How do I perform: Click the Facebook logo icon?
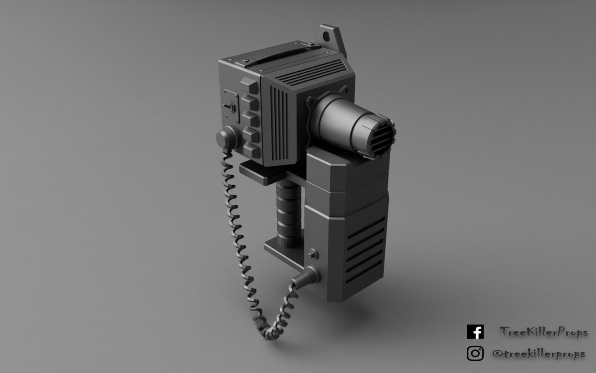tap(475, 332)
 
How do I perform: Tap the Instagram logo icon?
tap(475, 354)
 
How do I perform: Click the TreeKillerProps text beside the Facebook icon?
tap(543, 332)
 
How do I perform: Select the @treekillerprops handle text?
tap(538, 354)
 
